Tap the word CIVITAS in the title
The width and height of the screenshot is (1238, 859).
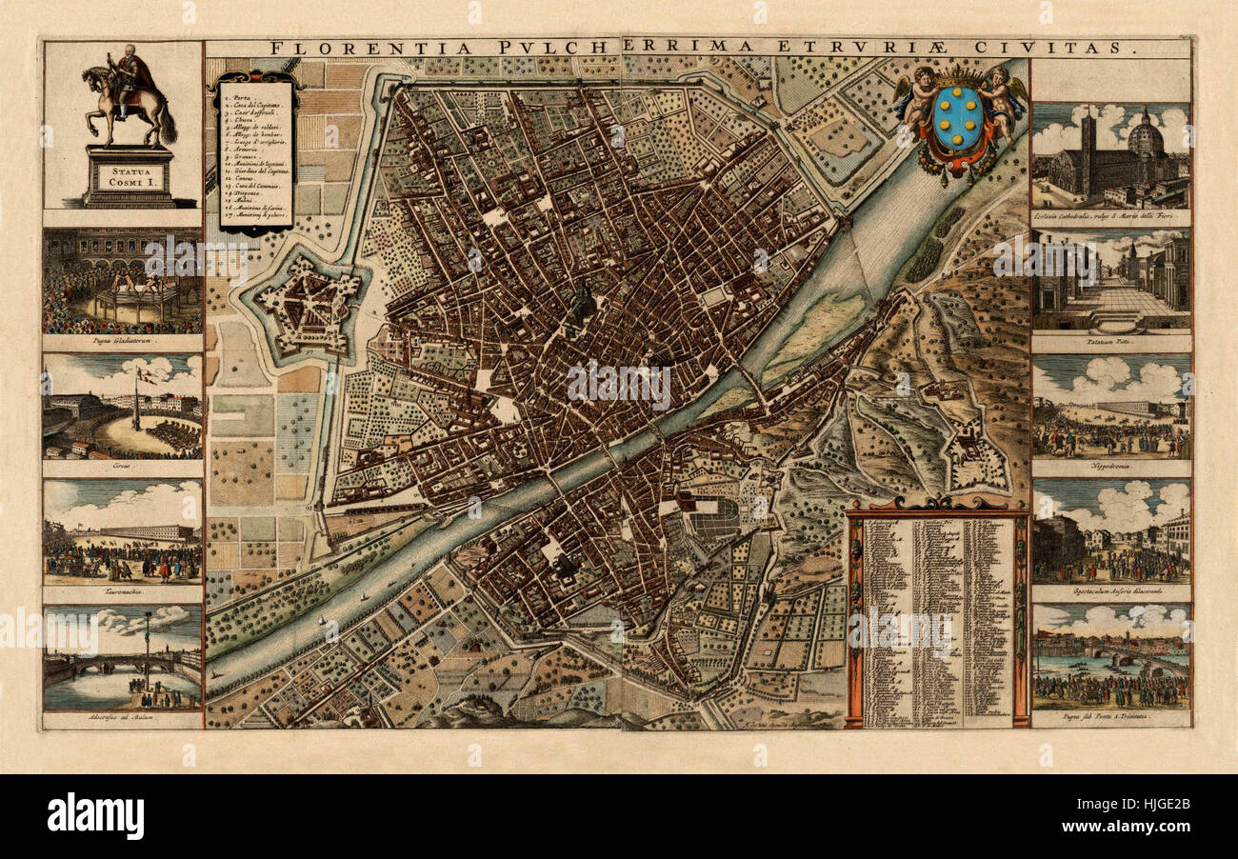(x=1076, y=48)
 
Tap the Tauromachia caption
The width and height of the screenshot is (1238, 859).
(x=122, y=591)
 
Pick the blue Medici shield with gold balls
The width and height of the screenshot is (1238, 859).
(x=958, y=119)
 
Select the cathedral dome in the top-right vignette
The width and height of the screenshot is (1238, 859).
(x=1145, y=141)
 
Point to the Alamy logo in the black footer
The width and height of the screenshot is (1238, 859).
(x=95, y=817)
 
